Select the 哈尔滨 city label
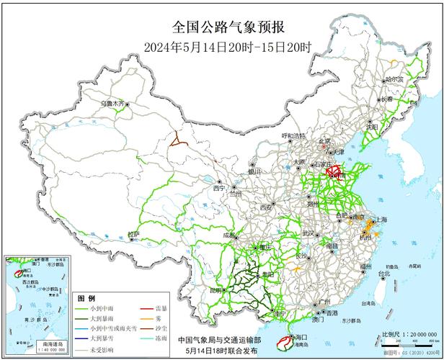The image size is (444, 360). [x=396, y=79]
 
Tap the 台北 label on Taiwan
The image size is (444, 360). [x=383, y=274]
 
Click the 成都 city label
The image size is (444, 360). [x=229, y=235]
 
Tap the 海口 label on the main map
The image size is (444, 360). [x=298, y=337]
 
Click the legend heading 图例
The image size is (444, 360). [x=86, y=297]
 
